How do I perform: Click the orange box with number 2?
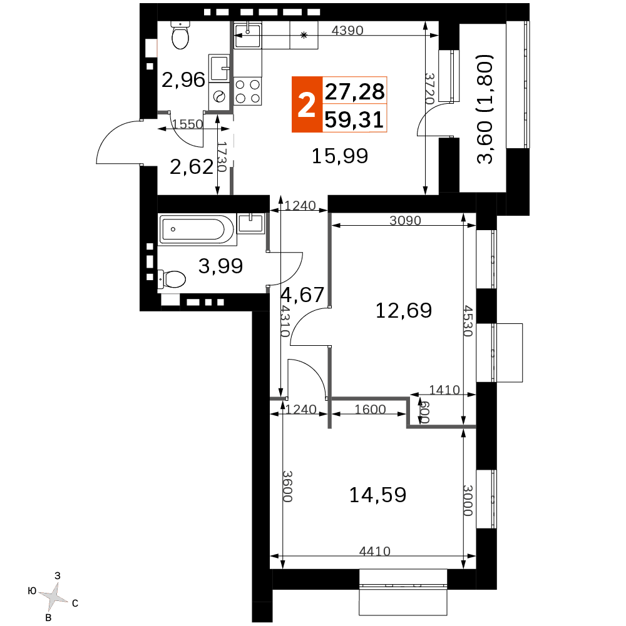tap(307, 104)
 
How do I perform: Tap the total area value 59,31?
tap(354, 119)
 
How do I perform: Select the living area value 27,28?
tap(354, 91)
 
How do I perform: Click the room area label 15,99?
tap(340, 156)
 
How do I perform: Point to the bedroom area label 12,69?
tap(404, 310)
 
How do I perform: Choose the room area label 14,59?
tap(377, 495)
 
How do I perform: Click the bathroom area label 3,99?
tap(220, 266)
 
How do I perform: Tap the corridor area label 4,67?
tap(302, 295)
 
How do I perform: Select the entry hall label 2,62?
tap(192, 166)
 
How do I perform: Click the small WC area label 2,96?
tap(183, 80)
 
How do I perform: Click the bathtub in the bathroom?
tap(197, 230)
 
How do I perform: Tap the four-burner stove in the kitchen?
tap(248, 91)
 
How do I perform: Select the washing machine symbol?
tap(219, 96)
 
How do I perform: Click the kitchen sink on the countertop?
tap(247, 35)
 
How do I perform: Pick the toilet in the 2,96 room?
tap(180, 35)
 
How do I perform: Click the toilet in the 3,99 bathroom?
tap(172, 279)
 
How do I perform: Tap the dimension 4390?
tap(347, 31)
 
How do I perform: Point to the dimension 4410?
tap(374, 551)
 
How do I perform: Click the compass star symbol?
tap(54, 597)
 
